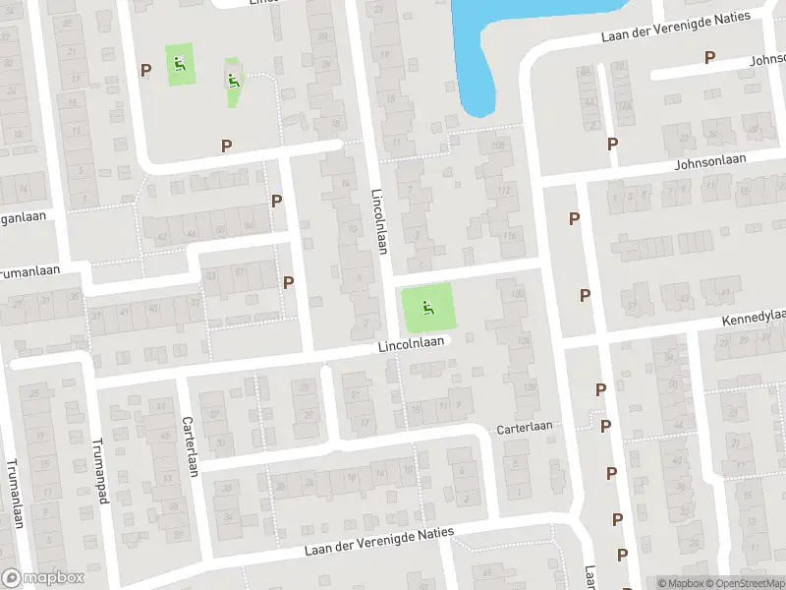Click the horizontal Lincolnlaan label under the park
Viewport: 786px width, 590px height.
pos(413,344)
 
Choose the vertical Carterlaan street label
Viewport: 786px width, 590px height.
pos(191,444)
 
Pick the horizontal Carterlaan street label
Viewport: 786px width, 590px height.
pos(525,427)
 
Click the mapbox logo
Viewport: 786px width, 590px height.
pos(43,578)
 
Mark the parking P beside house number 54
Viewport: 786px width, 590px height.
pos(276,201)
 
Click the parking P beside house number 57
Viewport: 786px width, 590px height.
pos(288,282)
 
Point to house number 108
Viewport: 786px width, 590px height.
pos(497,147)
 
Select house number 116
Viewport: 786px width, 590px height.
pos(509,236)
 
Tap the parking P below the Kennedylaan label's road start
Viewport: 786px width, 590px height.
pos(600,390)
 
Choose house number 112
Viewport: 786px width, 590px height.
pos(504,190)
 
